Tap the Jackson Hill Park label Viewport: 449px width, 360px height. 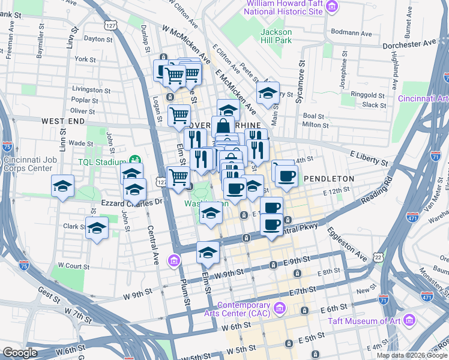(276, 36)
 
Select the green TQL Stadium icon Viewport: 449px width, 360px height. (135, 161)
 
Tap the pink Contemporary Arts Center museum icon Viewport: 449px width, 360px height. (279, 308)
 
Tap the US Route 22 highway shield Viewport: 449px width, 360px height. (379, 257)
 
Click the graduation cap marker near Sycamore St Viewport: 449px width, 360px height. (268, 93)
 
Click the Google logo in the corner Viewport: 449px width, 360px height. (20, 353)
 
